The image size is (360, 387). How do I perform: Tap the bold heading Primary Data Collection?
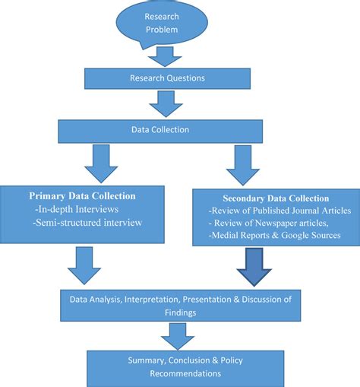[81, 195]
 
